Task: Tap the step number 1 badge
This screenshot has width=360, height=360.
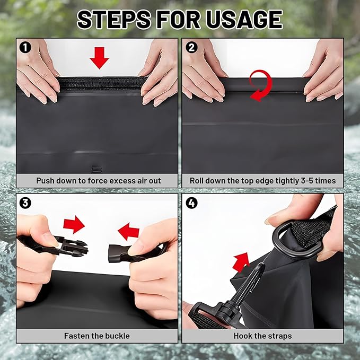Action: click(x=24, y=47)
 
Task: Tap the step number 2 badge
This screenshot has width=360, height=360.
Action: click(x=192, y=47)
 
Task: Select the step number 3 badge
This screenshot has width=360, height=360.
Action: click(x=24, y=203)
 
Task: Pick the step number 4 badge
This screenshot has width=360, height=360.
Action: click(x=192, y=203)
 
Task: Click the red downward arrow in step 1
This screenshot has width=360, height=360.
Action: click(x=99, y=57)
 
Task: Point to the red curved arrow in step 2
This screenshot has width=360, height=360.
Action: click(x=261, y=85)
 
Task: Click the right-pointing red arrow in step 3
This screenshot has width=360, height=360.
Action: click(x=74, y=224)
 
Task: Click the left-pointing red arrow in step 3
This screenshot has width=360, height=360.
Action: click(x=128, y=231)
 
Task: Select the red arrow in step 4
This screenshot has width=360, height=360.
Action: click(x=241, y=261)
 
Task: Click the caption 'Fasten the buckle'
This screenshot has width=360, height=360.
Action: click(x=97, y=336)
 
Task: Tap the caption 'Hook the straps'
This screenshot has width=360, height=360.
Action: click(x=262, y=336)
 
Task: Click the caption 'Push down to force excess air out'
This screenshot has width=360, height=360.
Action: click(x=99, y=180)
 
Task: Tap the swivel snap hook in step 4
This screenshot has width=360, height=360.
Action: click(x=244, y=297)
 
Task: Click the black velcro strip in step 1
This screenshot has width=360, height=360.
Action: click(x=101, y=83)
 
